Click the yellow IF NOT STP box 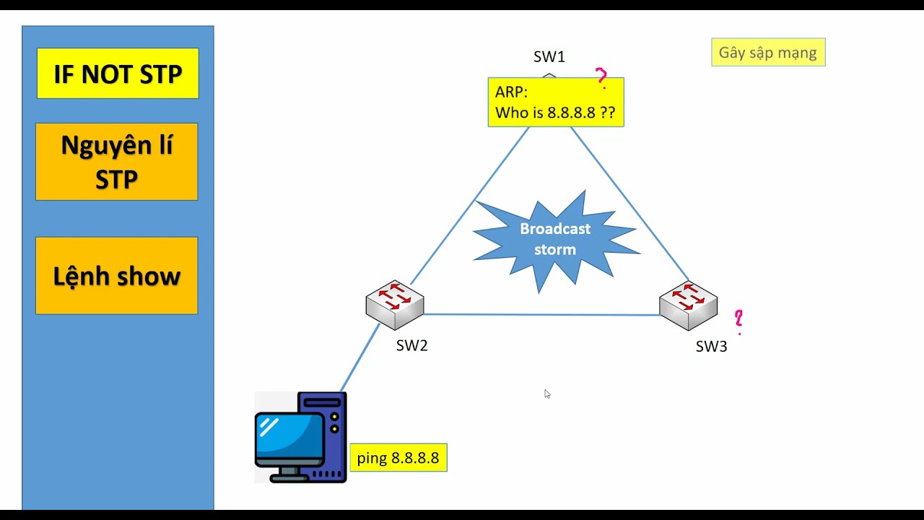point(118,73)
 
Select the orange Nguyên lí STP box point(116,161)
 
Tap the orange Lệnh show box point(116,275)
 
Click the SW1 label point(549,57)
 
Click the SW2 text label point(411,346)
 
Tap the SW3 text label point(711,347)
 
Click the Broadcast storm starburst point(555,239)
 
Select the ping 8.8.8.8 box point(398,458)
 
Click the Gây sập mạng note point(767,53)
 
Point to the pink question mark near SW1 point(601,77)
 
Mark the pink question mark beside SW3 point(738,320)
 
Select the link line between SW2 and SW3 point(541,314)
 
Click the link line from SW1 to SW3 point(628,202)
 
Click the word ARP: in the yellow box point(511,92)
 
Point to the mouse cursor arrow point(546,393)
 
